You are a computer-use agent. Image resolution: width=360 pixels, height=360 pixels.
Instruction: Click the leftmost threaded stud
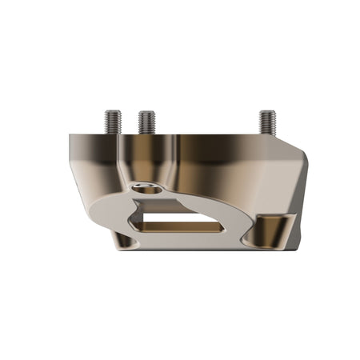pos(113,121)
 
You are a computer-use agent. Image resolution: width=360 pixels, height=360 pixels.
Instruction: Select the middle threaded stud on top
pos(146,122)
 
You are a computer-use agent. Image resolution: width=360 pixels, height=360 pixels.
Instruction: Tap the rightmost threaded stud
pos(267,121)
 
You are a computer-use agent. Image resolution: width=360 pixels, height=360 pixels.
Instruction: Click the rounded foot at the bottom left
pos(122,238)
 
